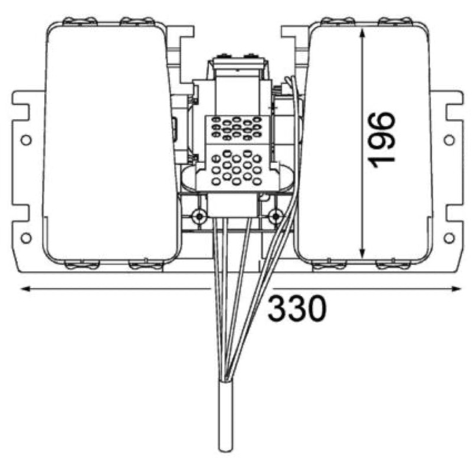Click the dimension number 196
381,140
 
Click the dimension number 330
297,308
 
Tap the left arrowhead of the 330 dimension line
25,289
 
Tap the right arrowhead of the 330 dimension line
456,289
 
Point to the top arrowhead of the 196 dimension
362,32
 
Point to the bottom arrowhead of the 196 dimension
362,254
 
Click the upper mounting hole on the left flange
26,140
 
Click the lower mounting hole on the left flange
26,238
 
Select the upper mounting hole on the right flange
450,140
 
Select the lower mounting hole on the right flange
450,238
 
